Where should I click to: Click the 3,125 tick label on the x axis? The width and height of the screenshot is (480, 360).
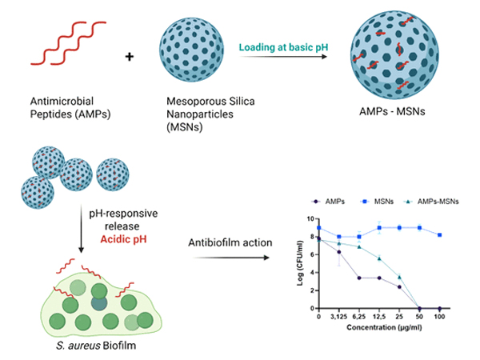click(x=339, y=318)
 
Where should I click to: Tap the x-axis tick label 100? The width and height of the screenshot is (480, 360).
click(x=439, y=318)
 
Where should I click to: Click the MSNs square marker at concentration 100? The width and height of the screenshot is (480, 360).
click(x=439, y=234)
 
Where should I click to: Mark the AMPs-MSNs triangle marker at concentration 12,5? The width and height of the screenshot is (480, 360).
click(x=379, y=258)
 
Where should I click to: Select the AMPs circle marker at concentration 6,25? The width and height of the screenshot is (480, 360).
click(x=359, y=278)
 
